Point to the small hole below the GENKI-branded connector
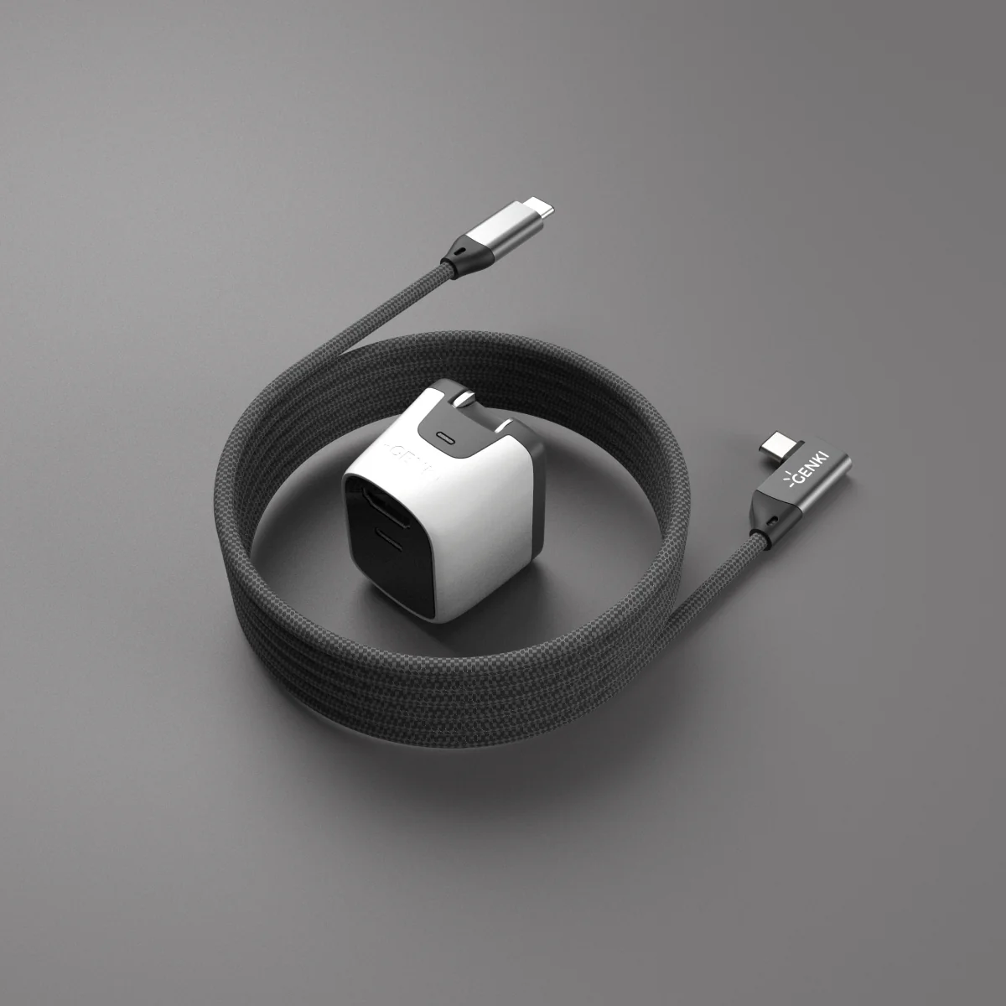click(x=770, y=524)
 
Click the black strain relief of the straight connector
click(x=457, y=254)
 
